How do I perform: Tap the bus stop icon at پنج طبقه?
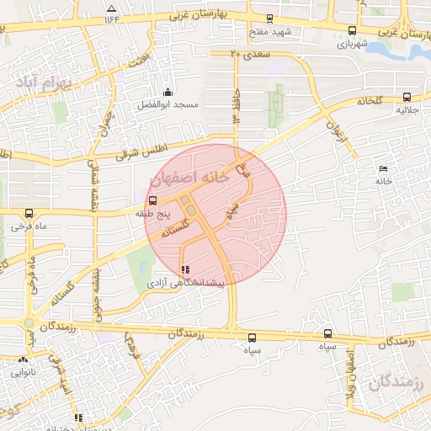(x=152, y=201)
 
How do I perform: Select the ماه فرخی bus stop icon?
(x=29, y=213)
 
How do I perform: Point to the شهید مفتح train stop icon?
(x=269, y=19)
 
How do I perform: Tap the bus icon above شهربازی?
(x=351, y=29)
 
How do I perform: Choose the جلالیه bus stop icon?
(x=407, y=97)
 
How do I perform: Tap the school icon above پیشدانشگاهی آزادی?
(x=185, y=269)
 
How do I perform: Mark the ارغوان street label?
(x=335, y=131)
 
